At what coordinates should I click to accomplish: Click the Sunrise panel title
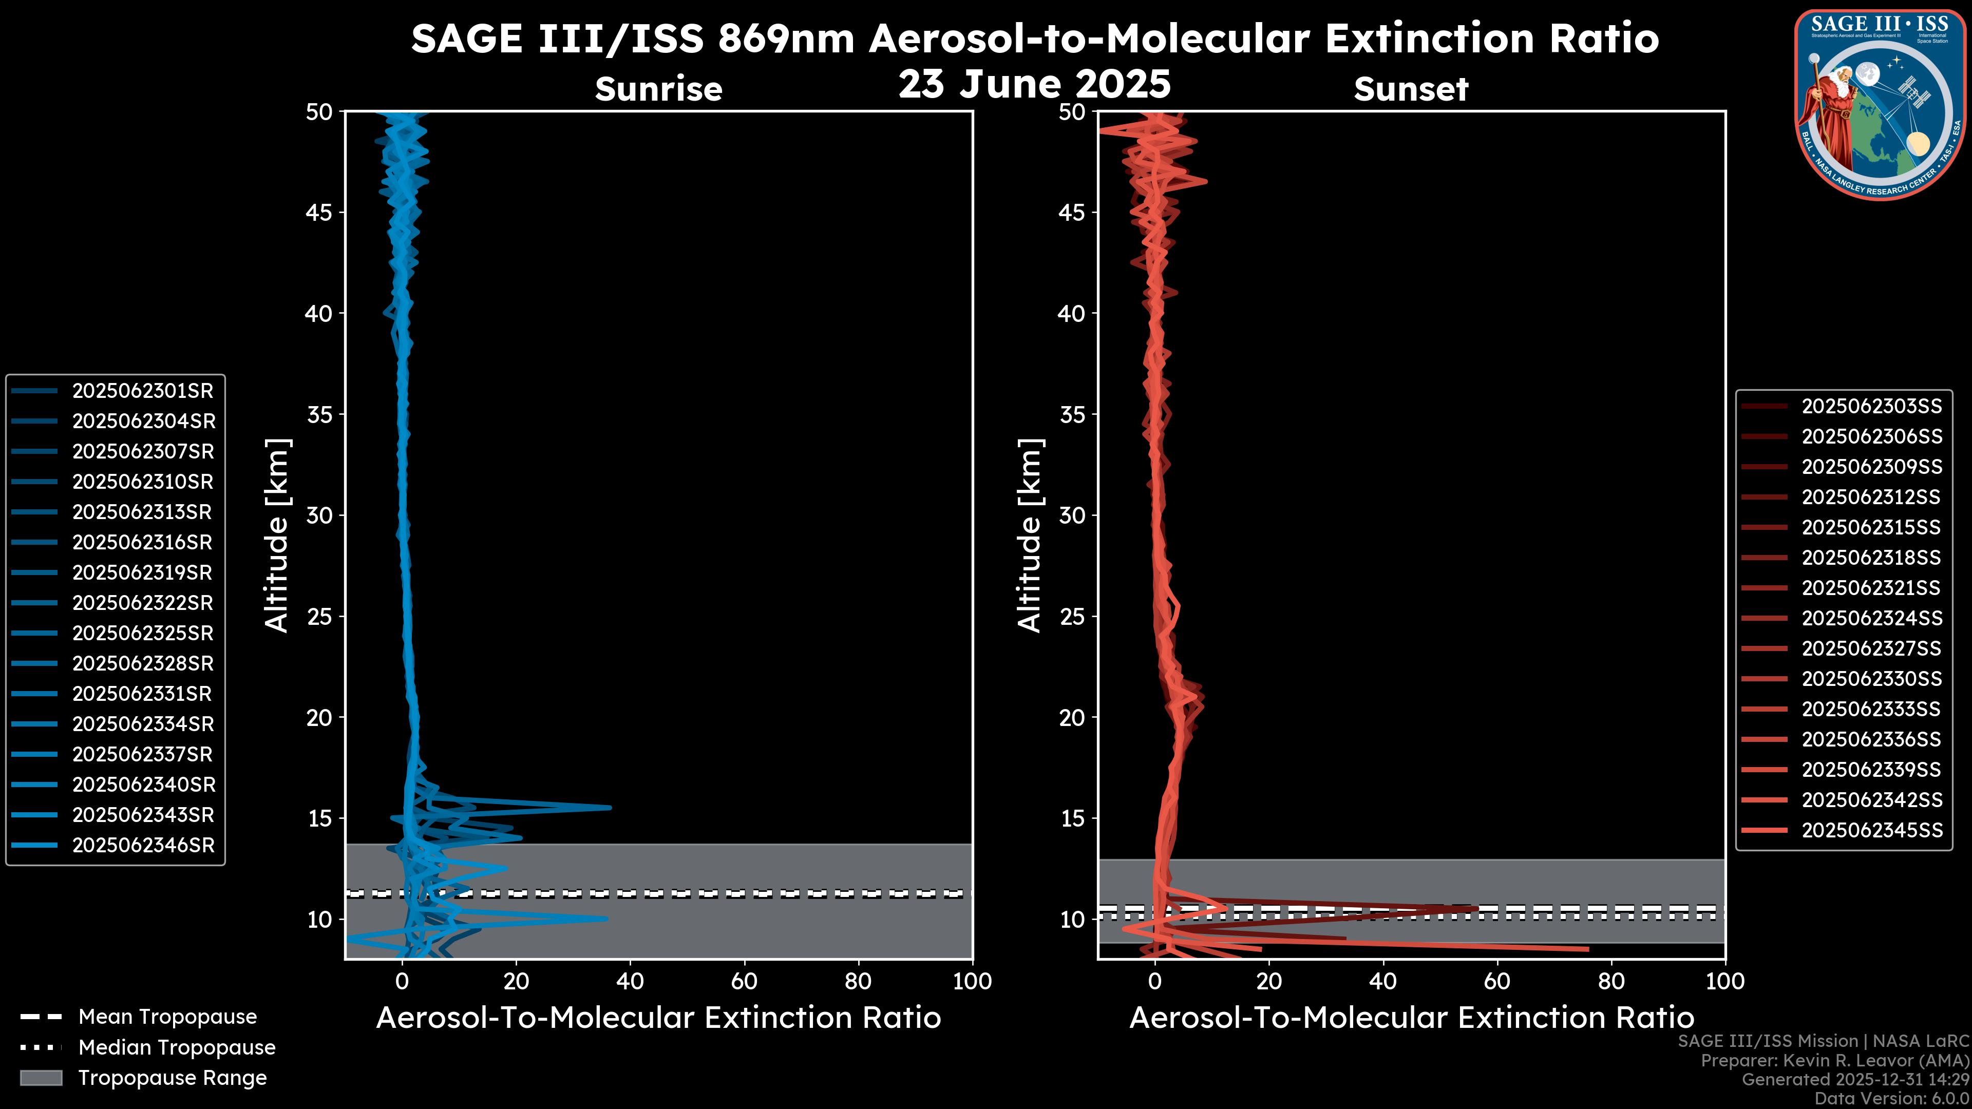(x=658, y=89)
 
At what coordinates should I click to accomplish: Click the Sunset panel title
(x=1411, y=89)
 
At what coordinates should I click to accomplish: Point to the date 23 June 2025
(x=1034, y=84)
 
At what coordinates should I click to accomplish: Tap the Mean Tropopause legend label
(x=167, y=1017)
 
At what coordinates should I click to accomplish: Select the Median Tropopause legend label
(x=177, y=1048)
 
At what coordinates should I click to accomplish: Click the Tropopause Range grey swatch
(x=41, y=1078)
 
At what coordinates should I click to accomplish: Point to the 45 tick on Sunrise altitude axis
(x=320, y=213)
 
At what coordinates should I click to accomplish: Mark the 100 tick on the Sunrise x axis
(x=972, y=981)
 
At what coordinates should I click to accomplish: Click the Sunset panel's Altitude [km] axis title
(x=1030, y=536)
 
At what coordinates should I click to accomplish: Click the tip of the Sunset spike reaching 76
(x=1588, y=949)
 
